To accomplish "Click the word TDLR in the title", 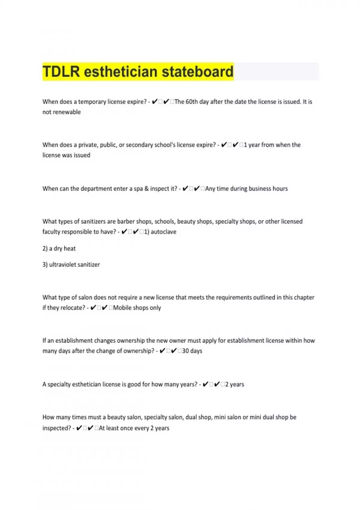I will (x=61, y=72).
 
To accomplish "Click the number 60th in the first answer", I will (x=192, y=102).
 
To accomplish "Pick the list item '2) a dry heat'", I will (x=59, y=248).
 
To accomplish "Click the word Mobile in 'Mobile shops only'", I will (x=122, y=308).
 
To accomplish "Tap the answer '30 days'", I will (x=192, y=351).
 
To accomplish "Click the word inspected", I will (x=57, y=428).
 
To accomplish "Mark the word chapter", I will (x=304, y=297).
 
